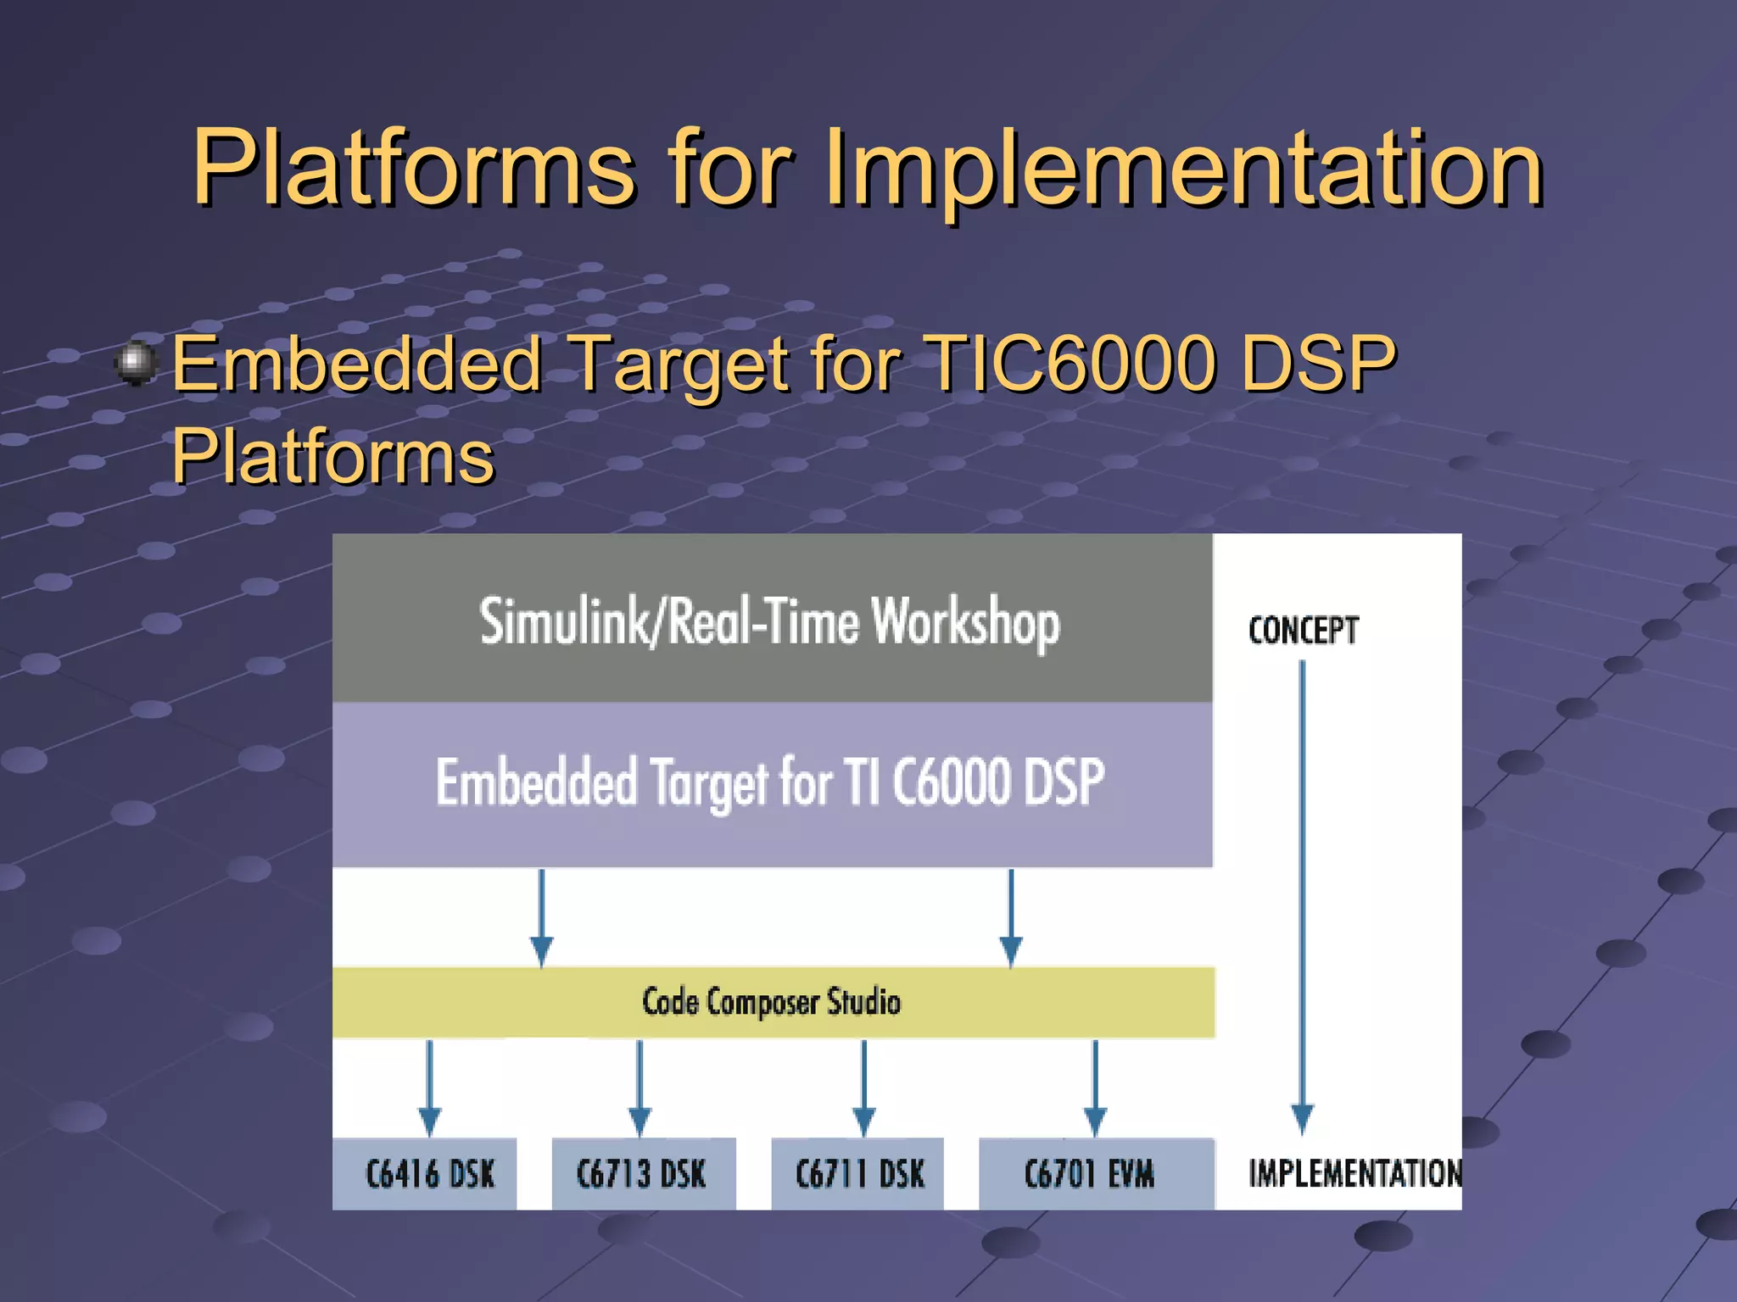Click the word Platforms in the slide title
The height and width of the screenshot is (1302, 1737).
[414, 168]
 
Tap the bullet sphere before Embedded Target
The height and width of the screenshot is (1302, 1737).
[136, 363]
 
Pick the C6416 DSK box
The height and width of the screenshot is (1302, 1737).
[428, 1174]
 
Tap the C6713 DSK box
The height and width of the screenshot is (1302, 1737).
[642, 1174]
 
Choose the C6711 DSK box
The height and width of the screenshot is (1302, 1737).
[858, 1174]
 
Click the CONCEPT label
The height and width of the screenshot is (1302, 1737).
[1303, 631]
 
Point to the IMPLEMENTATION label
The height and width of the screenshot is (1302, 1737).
[1354, 1174]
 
